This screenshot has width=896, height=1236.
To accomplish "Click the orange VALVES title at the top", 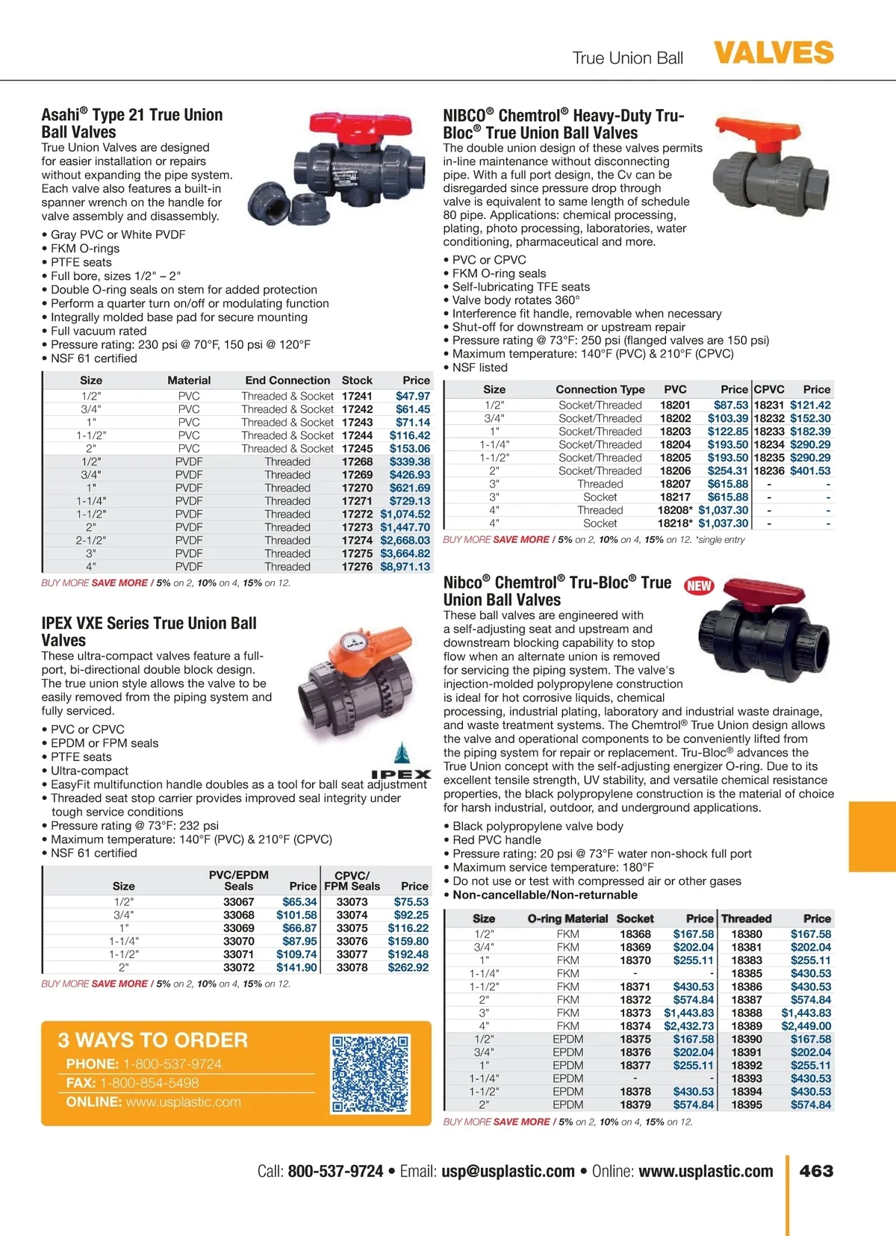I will [774, 53].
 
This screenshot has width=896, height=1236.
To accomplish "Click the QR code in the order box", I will [370, 1073].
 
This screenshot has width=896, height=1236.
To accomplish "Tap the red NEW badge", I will [699, 586].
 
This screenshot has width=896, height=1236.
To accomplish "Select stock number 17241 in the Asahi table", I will [357, 396].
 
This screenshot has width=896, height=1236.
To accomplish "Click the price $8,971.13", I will [405, 567].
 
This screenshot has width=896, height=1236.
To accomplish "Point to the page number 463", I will [816, 1171].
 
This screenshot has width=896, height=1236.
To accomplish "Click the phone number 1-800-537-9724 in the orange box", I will [172, 1063].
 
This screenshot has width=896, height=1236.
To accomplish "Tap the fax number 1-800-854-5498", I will [149, 1083].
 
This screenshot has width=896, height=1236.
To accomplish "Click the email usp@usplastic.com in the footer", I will [508, 1171].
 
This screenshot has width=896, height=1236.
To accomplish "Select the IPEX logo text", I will [401, 774].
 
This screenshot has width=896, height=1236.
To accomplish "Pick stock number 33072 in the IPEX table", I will [239, 967].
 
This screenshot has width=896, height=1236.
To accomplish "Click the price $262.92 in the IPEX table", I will [408, 967].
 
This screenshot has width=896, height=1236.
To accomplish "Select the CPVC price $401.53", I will [810, 471].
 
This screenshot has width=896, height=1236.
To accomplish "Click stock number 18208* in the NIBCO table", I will [675, 510].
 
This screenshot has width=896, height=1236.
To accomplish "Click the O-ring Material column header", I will [567, 919].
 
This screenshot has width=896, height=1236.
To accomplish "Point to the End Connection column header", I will [287, 380].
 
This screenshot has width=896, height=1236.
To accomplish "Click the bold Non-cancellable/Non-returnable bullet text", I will [545, 895].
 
